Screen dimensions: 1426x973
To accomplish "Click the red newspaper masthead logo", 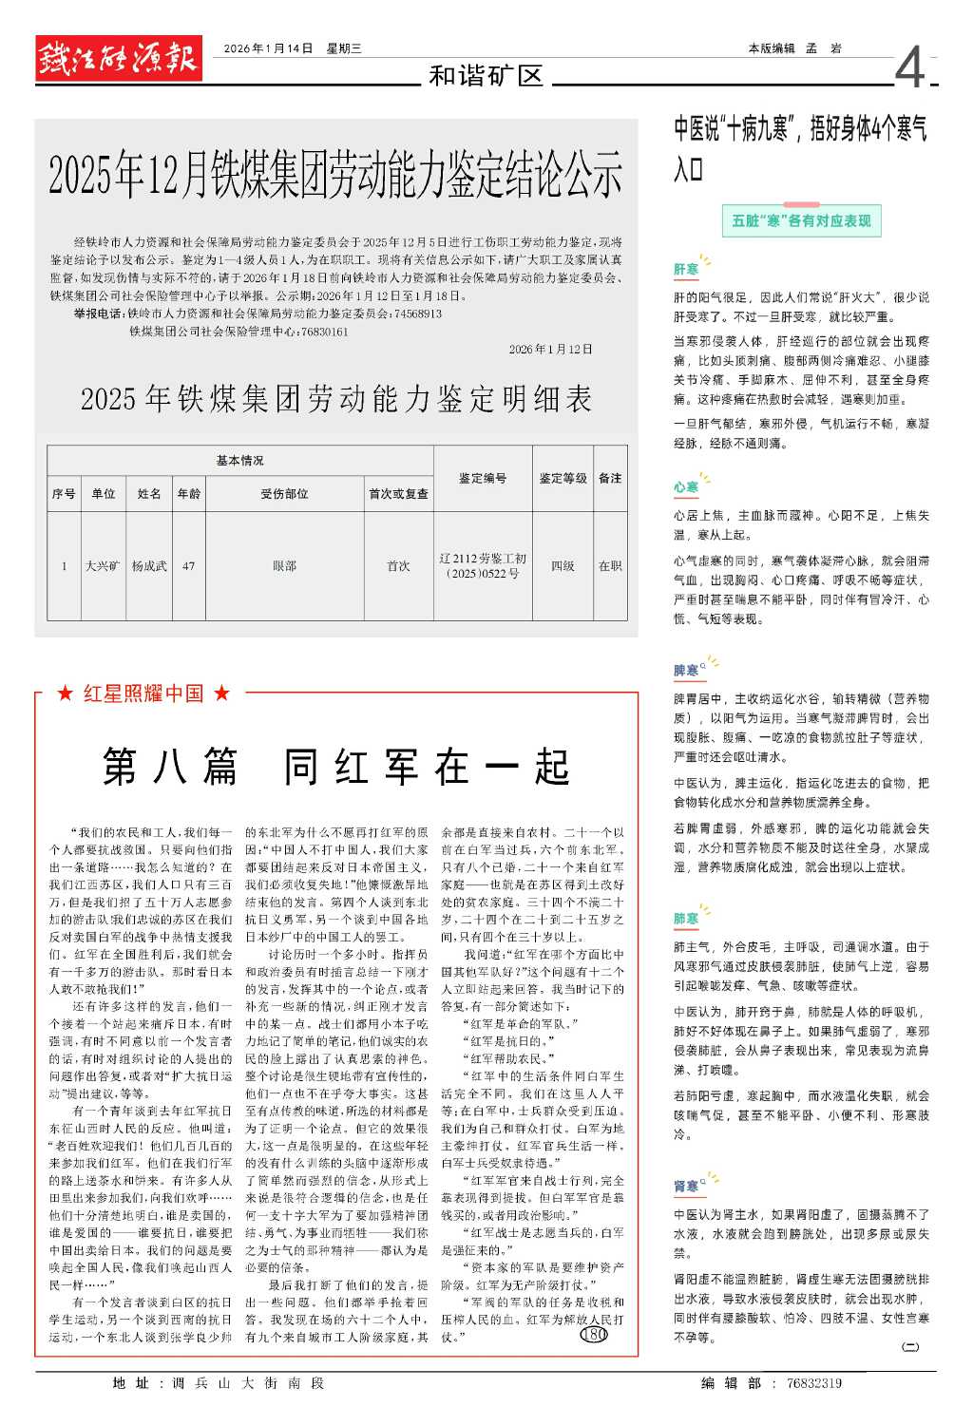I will point(119,59).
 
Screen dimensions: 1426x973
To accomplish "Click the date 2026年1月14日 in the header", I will point(268,48).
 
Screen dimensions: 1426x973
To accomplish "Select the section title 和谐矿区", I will point(486,76).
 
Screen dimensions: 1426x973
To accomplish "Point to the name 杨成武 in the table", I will point(149,566).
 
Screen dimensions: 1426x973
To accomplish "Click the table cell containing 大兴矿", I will point(103,566).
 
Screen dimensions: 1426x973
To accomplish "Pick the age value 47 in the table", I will point(188,566).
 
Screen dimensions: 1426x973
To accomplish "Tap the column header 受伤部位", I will point(284,494).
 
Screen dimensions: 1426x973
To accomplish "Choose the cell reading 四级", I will point(563,566).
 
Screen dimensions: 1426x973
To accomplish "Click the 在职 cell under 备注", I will point(610,566).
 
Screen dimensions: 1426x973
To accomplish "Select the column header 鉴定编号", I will point(483,479).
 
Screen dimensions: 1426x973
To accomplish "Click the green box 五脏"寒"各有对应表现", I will point(801,221).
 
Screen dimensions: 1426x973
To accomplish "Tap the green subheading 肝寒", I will point(686,270).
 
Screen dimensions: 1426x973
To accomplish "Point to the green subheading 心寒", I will point(686,487).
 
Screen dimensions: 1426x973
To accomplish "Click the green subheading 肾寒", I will point(686,1186).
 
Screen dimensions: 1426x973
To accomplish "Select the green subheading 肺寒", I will point(686,919).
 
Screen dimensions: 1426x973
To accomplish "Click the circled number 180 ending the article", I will point(594,1335).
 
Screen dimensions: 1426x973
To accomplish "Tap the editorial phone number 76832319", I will point(814,1383).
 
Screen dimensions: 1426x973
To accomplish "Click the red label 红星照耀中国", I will point(143,694).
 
